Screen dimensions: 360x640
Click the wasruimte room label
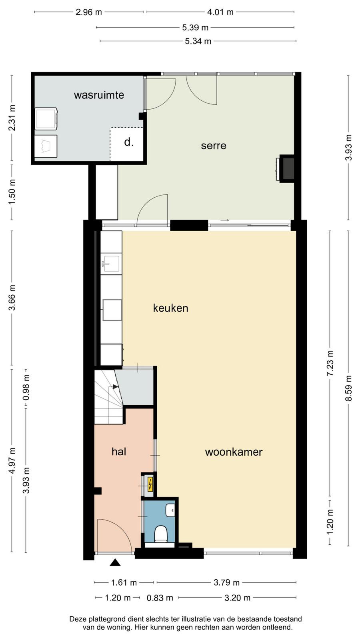[x=99, y=95]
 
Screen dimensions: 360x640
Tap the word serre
[x=214, y=146]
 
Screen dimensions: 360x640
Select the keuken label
[x=170, y=308]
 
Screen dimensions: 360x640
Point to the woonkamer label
[x=234, y=452]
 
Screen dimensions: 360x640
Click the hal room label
[x=119, y=452]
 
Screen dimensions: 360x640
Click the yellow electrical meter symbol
[x=150, y=484]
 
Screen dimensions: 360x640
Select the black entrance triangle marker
[x=115, y=562]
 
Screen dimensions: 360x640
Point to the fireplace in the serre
[x=286, y=168]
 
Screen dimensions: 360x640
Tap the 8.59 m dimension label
[x=348, y=388]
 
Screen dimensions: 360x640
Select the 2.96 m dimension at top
[x=88, y=12]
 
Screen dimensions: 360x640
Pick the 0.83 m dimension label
[x=160, y=598]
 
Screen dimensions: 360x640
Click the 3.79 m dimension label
[x=226, y=582]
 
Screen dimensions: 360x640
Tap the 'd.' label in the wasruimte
[x=129, y=142]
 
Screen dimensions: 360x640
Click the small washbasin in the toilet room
[x=170, y=510]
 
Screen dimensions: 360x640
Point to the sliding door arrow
[x=225, y=220]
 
